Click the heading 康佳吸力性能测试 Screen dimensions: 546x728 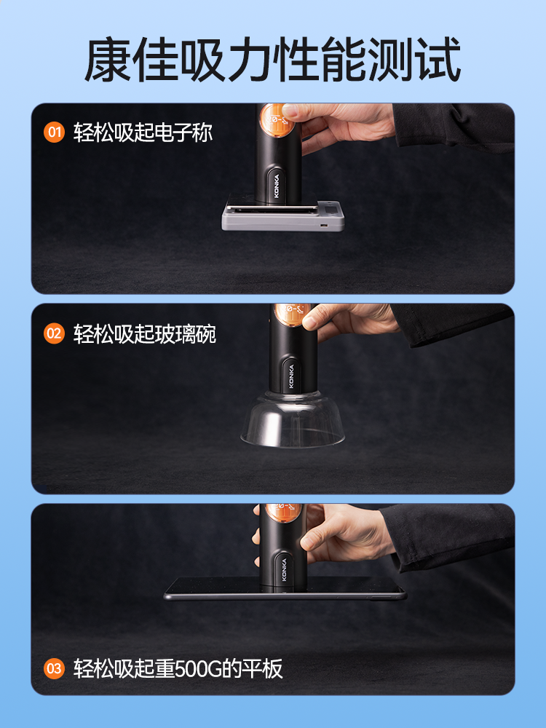point(272,60)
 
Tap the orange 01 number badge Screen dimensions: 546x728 point(55,132)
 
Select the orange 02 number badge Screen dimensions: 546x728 point(55,333)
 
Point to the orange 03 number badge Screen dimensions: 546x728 point(55,668)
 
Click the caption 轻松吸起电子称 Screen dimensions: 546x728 point(143,132)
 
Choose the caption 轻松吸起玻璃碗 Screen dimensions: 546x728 point(144,333)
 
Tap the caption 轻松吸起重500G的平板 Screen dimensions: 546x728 point(178,668)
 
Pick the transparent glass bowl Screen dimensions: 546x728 point(293,419)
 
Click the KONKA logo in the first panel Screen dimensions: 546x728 point(277,186)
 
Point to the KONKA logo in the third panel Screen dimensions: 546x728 point(284,569)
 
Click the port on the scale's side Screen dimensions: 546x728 point(323,226)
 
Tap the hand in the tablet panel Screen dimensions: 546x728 point(335,534)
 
